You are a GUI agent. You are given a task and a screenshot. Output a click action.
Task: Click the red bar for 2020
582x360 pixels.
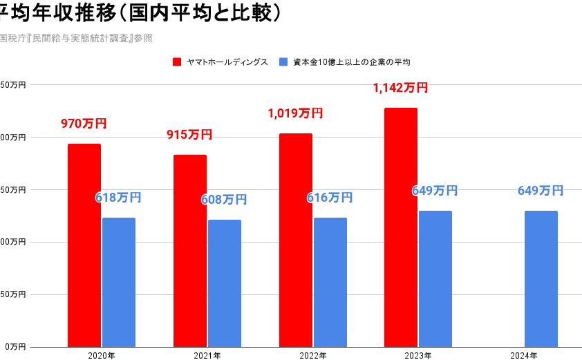click(x=84, y=245)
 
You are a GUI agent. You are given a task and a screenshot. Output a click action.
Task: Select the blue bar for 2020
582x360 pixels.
click(x=119, y=282)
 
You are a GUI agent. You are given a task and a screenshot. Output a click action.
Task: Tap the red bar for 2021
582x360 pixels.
click(x=190, y=250)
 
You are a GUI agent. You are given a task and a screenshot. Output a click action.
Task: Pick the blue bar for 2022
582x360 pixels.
click(x=330, y=282)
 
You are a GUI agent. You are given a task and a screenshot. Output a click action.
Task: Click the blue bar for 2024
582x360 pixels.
click(x=541, y=278)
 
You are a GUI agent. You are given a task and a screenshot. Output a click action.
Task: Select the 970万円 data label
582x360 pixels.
click(x=84, y=124)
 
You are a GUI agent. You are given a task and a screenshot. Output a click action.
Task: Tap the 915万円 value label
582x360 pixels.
click(x=189, y=135)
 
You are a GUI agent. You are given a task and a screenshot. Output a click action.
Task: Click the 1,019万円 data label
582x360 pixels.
click(x=295, y=113)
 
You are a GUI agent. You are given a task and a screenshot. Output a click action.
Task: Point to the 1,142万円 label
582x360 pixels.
click(x=400, y=88)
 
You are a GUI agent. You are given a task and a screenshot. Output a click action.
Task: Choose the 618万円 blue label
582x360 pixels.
click(x=118, y=198)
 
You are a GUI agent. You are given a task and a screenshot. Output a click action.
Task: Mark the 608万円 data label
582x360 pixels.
click(x=224, y=200)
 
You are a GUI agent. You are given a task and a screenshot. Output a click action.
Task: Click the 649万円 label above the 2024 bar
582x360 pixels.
click(x=541, y=191)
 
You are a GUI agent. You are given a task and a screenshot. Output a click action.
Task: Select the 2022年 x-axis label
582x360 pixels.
click(x=313, y=355)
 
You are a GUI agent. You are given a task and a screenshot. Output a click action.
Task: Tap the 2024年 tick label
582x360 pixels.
click(x=524, y=355)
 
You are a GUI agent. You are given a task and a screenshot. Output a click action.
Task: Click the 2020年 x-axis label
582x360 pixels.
click(x=102, y=355)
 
